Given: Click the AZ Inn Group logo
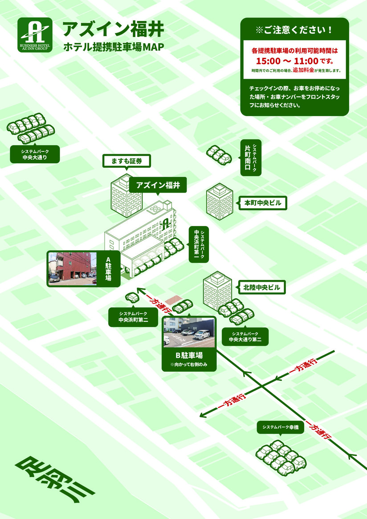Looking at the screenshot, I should pos(35,35).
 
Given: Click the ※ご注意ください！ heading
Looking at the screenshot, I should pos(294,31).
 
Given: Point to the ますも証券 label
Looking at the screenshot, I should pos(126,161).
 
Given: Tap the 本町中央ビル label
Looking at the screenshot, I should pos(263,203).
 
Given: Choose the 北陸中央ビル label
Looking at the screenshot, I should pos(262,288).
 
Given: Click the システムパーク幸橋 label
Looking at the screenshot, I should pos(280,427).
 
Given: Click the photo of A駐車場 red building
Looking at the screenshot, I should pos(72,268).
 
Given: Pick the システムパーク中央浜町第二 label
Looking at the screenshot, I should pos(133,317).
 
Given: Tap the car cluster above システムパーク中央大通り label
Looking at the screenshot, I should pos(31,128).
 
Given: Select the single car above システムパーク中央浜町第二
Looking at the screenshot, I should pos(132,297).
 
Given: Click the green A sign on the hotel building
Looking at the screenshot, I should pos(165,223).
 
